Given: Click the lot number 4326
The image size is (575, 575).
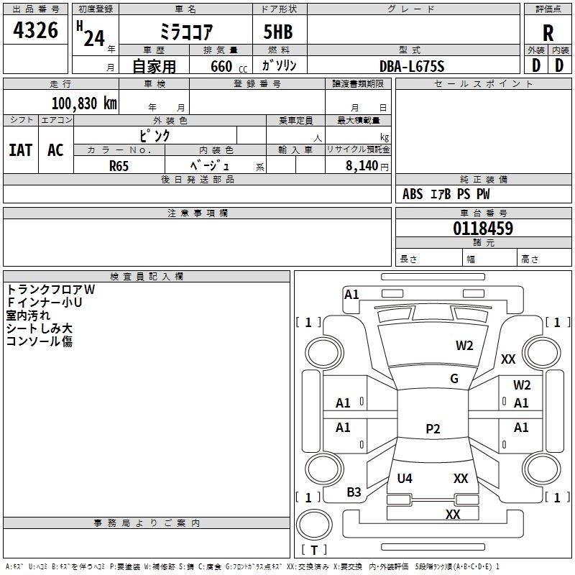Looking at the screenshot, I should pyautogui.click(x=35, y=30).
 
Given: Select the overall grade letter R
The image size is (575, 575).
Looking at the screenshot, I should pyautogui.click(x=548, y=33).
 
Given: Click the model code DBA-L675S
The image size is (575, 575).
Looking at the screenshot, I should pyautogui.click(x=412, y=66).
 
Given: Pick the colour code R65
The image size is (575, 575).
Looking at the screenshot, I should pyautogui.click(x=119, y=165).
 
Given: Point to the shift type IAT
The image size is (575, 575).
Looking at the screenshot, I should pyautogui.click(x=21, y=149).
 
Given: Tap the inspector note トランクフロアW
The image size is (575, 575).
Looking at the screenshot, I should pyautogui.click(x=50, y=290).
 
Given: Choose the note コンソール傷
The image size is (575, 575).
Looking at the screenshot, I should pyautogui.click(x=39, y=341).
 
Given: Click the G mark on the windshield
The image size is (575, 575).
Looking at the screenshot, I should pyautogui.click(x=454, y=379).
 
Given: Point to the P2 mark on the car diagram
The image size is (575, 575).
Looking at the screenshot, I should pyautogui.click(x=433, y=429).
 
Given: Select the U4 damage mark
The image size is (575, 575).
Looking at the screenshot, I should pyautogui.click(x=405, y=478).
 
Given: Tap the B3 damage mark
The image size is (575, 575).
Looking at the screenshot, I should pyautogui.click(x=354, y=492).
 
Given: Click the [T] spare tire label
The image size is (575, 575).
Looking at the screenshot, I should pyautogui.click(x=313, y=550).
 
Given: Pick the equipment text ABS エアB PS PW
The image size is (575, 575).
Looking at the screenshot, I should pyautogui.click(x=446, y=194).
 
